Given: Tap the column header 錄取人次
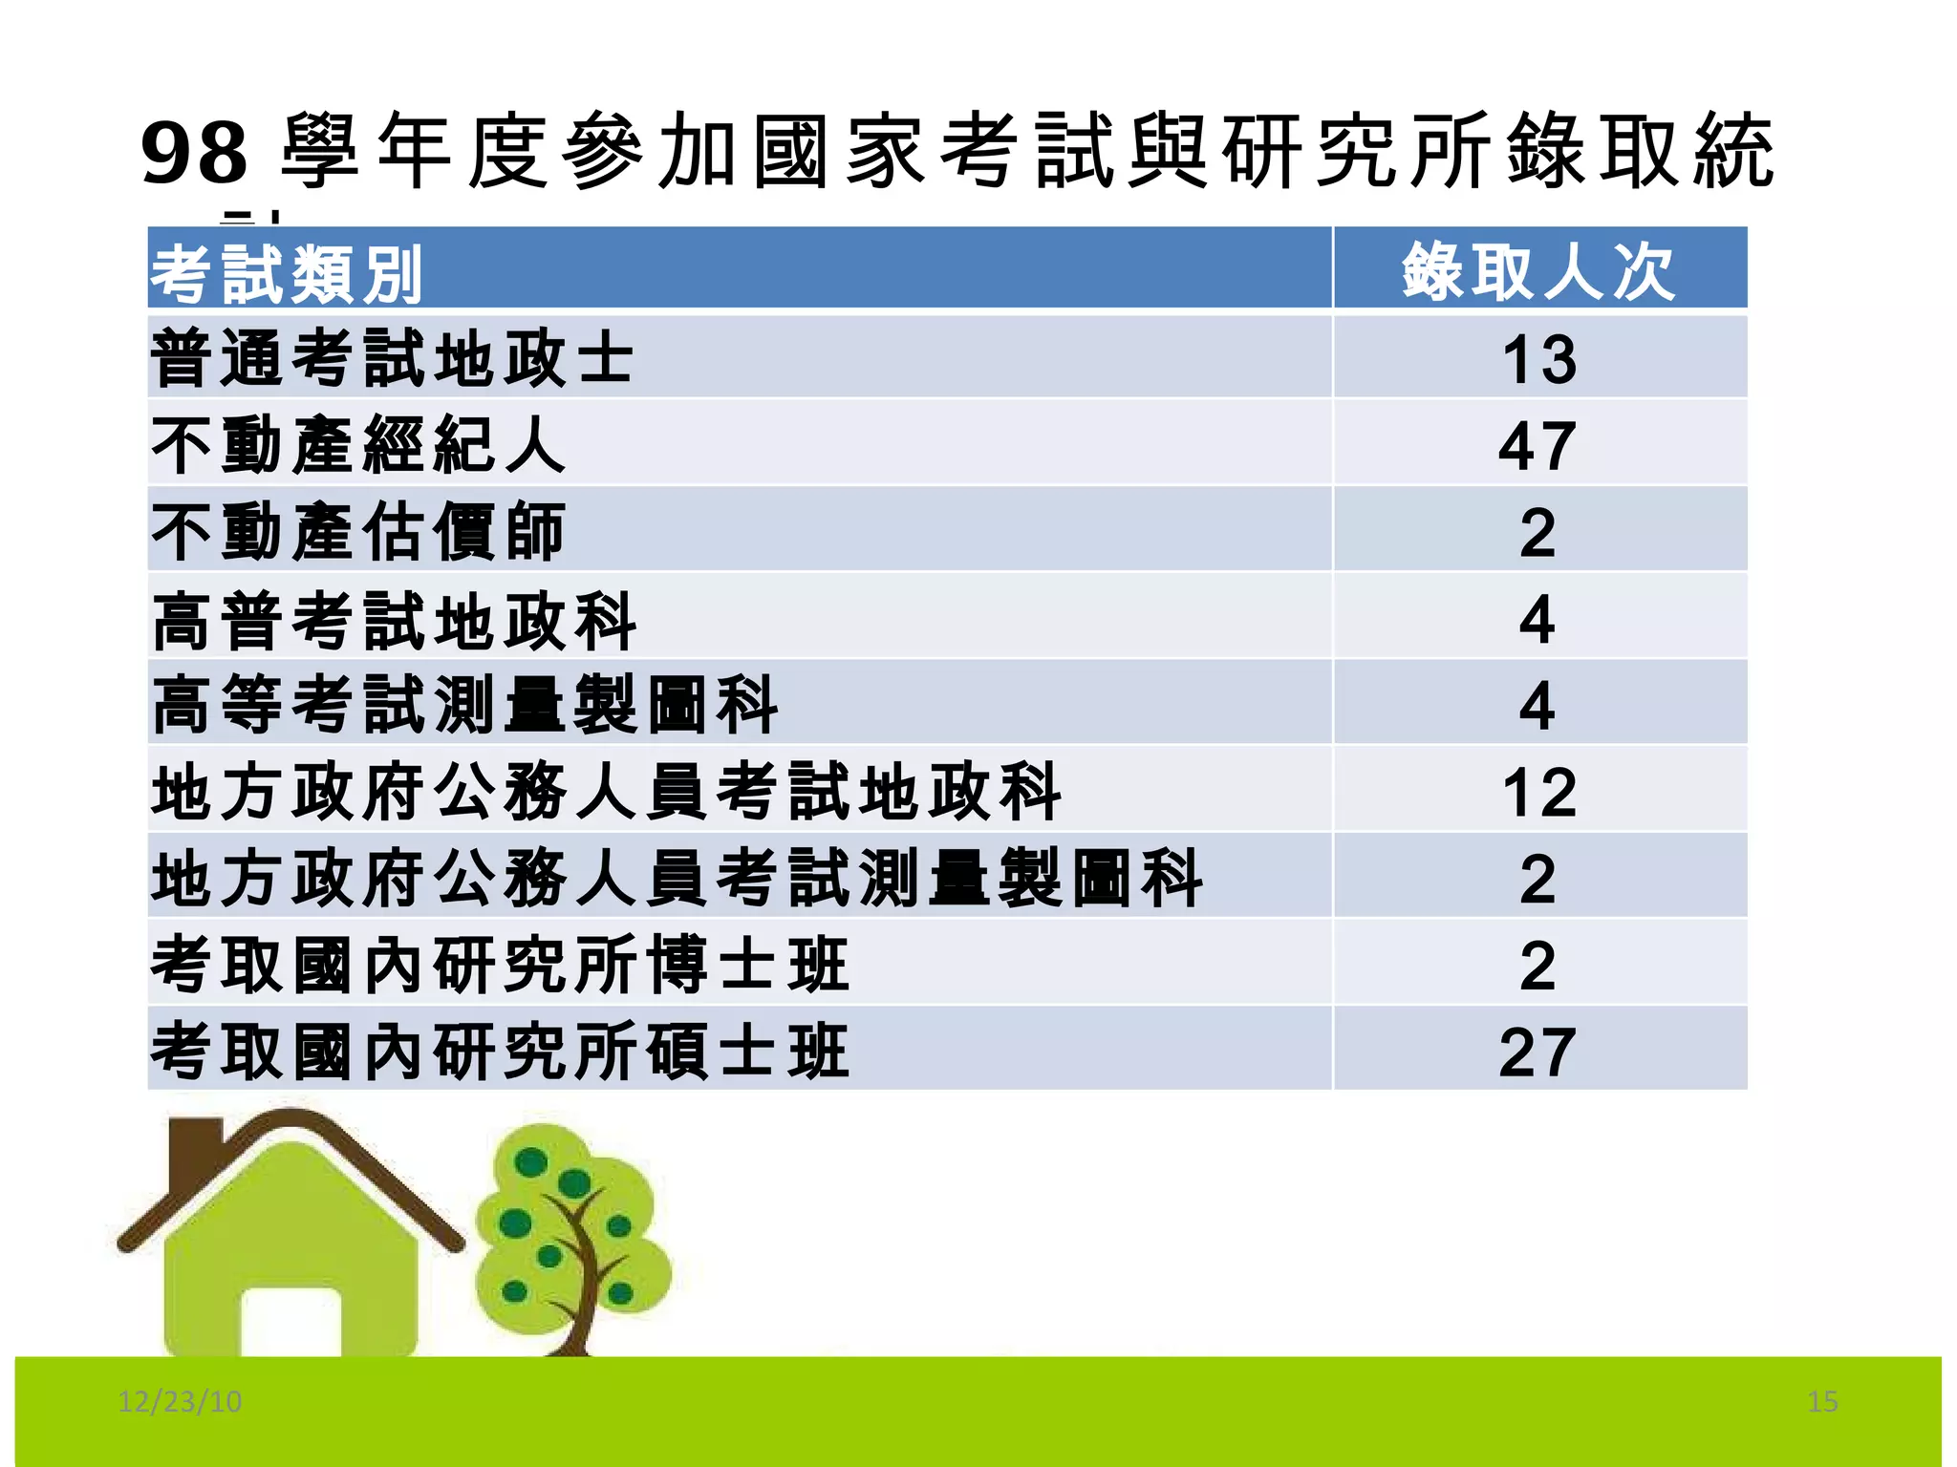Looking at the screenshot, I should (x=1538, y=272).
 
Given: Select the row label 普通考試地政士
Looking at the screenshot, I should (x=392, y=359).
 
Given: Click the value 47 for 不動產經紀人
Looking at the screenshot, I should (x=1537, y=446).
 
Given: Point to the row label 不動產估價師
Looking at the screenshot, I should (x=358, y=532).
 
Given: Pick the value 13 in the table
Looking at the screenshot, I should (x=1538, y=360).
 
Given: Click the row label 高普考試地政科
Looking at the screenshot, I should (x=394, y=620).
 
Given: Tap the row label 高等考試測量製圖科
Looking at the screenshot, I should (x=464, y=706).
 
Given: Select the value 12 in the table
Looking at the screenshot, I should (x=1538, y=793).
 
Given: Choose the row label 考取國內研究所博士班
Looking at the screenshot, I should (x=500, y=966).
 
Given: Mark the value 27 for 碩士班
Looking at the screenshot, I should (x=1537, y=1052).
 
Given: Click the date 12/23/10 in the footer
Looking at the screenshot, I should (x=180, y=1401).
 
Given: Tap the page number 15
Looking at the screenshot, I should (x=1822, y=1401).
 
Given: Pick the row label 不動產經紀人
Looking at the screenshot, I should (x=358, y=446).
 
